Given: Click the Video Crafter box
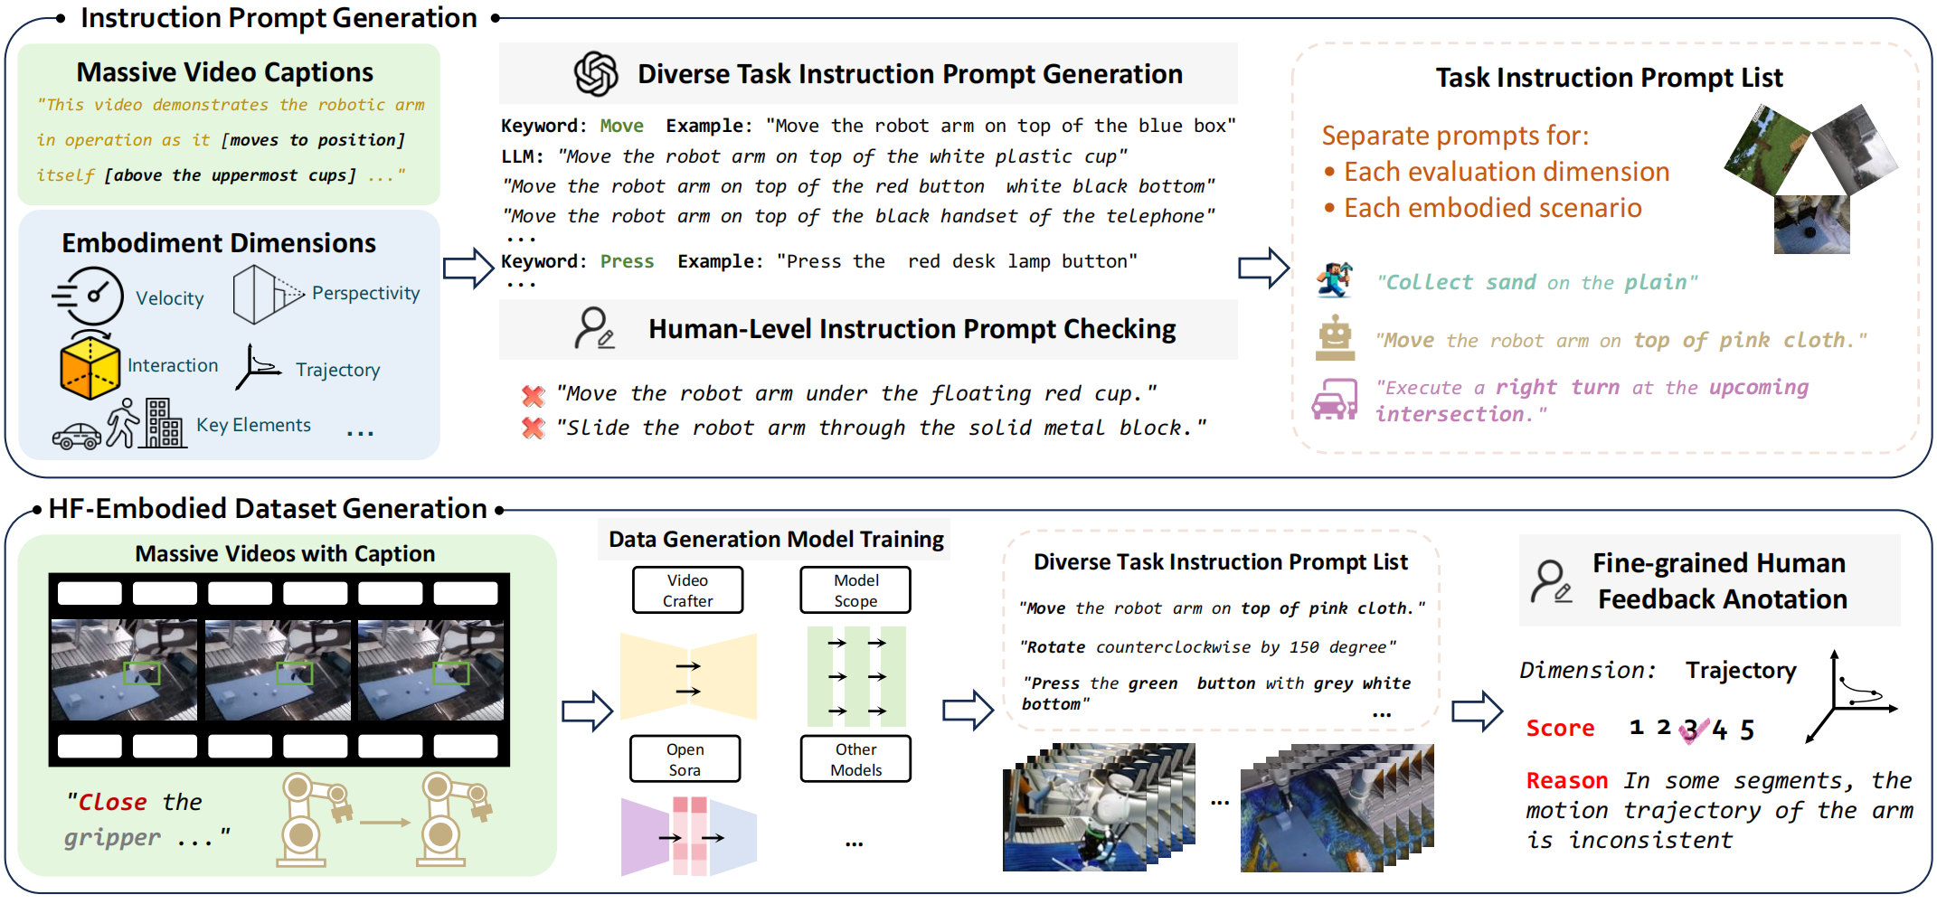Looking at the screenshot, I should (x=687, y=590).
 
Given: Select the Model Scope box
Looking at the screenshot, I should (x=855, y=590).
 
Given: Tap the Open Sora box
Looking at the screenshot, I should (x=685, y=759).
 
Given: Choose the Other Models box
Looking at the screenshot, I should (x=855, y=759).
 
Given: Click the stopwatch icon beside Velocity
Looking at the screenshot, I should (x=90, y=296).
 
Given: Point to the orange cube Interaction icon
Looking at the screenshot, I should (x=90, y=366).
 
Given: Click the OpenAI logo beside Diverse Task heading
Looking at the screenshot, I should (x=596, y=74).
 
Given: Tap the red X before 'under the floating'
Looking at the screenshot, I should (x=534, y=395).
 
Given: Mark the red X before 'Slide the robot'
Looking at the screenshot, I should (x=534, y=428).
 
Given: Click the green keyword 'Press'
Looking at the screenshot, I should (x=627, y=261).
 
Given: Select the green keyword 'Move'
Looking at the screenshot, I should (x=622, y=126).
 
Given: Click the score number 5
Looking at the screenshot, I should (x=1747, y=729).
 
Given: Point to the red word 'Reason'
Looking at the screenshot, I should (x=1567, y=780).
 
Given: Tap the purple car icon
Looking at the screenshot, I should (x=1335, y=399).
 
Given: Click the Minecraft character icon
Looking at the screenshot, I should (x=1335, y=280).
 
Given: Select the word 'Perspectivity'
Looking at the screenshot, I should (x=365, y=293).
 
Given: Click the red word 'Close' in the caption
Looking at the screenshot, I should (x=112, y=802).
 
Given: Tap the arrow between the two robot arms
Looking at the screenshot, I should (x=384, y=822).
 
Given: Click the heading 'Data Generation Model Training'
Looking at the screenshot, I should (x=776, y=540).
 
